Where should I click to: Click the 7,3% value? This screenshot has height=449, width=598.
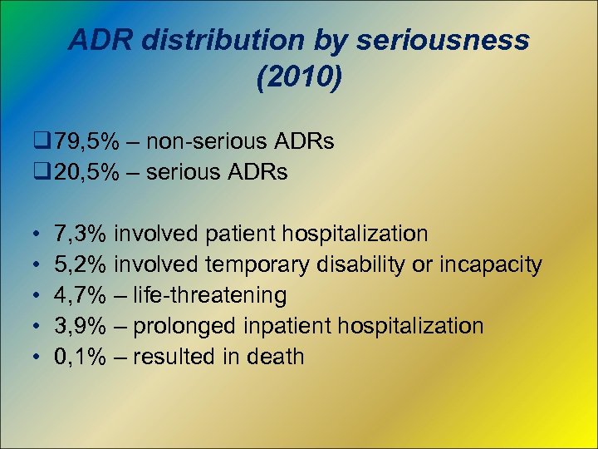click(80, 234)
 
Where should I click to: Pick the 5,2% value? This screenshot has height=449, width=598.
click(80, 265)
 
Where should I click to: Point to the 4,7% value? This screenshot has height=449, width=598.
click(80, 295)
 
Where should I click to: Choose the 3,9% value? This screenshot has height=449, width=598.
click(80, 326)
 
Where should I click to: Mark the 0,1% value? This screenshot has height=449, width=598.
click(80, 357)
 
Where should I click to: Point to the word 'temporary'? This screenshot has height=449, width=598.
click(254, 265)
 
